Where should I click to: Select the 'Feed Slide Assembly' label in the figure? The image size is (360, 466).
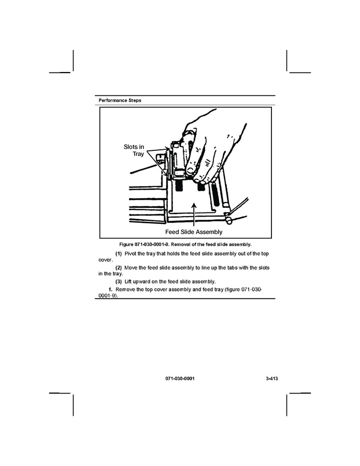pyautogui.click(x=193, y=232)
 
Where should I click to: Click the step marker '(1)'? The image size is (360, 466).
pyautogui.click(x=118, y=253)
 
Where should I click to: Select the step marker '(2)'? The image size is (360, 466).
pyautogui.click(x=118, y=267)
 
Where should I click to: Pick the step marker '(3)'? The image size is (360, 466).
pyautogui.click(x=118, y=281)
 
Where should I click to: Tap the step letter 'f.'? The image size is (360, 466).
pyautogui.click(x=110, y=289)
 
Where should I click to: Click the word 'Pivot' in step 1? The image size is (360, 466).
pyautogui.click(x=131, y=253)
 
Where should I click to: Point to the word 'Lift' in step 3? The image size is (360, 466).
pyautogui.click(x=129, y=281)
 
